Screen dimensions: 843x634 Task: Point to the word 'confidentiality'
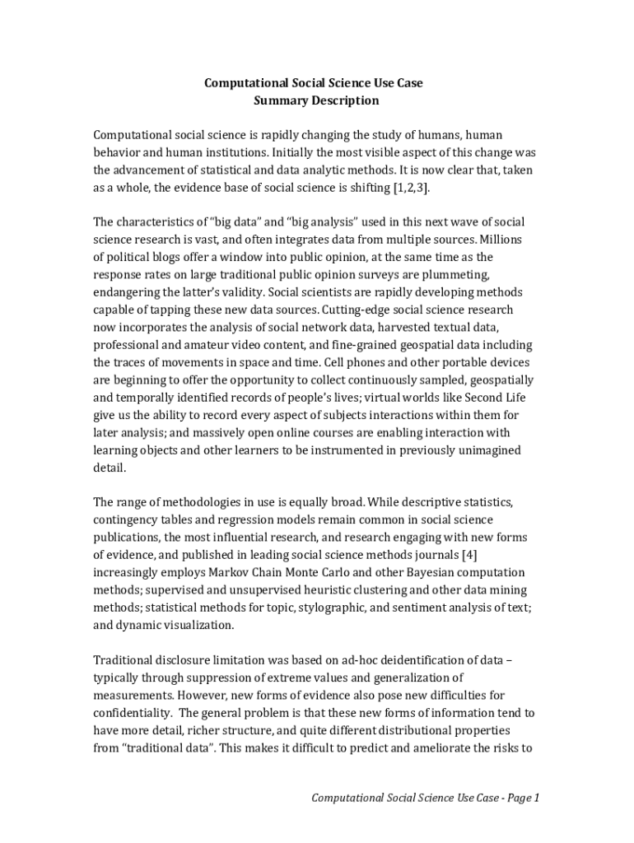tap(132, 713)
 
